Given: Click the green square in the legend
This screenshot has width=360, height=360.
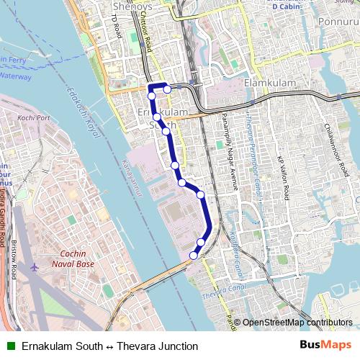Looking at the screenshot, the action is point(10,346).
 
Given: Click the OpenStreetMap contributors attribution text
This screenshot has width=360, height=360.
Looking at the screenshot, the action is point(297,323).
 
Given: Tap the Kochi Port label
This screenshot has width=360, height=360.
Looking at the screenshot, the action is point(34,117).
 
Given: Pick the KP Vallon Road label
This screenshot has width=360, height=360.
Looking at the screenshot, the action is point(285,180).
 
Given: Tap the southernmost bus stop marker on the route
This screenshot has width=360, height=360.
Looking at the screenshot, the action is point(194,255).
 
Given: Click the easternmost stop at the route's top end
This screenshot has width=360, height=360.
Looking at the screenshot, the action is point(167,89).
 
